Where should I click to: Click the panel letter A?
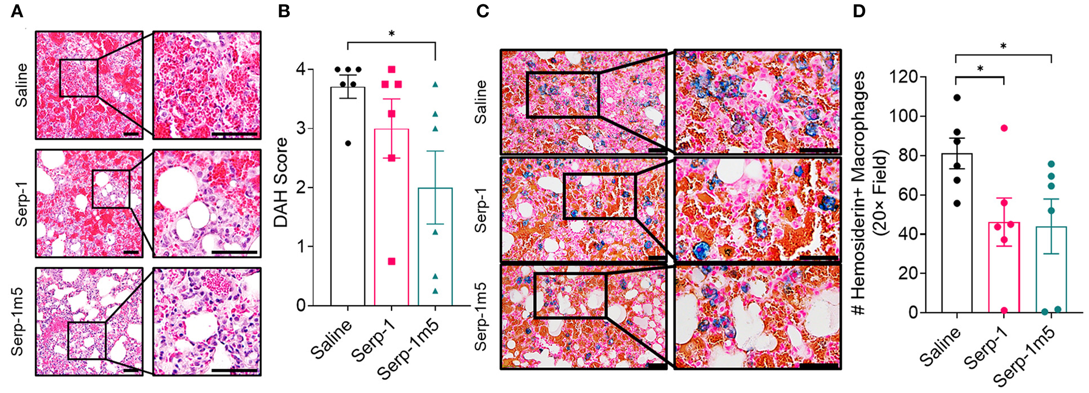pyautogui.click(x=17, y=11)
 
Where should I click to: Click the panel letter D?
pyautogui.click(x=859, y=11)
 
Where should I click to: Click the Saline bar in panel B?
pyautogui.click(x=348, y=206)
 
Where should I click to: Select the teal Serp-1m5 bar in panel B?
pyautogui.click(x=435, y=249)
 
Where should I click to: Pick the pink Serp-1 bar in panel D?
pyautogui.click(x=1004, y=268)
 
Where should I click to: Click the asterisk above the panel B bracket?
pyautogui.click(x=391, y=34)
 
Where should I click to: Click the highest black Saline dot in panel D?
pyautogui.click(x=957, y=98)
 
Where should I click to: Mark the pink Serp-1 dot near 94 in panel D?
pyautogui.click(x=1004, y=128)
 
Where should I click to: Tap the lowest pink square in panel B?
pyautogui.click(x=392, y=262)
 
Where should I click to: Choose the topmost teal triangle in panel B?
pyautogui.click(x=435, y=85)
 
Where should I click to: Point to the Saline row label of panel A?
pyautogui.click(x=21, y=85)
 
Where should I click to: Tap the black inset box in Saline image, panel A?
pyautogui.click(x=79, y=78)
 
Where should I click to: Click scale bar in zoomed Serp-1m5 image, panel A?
pyautogui.click(x=235, y=371)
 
